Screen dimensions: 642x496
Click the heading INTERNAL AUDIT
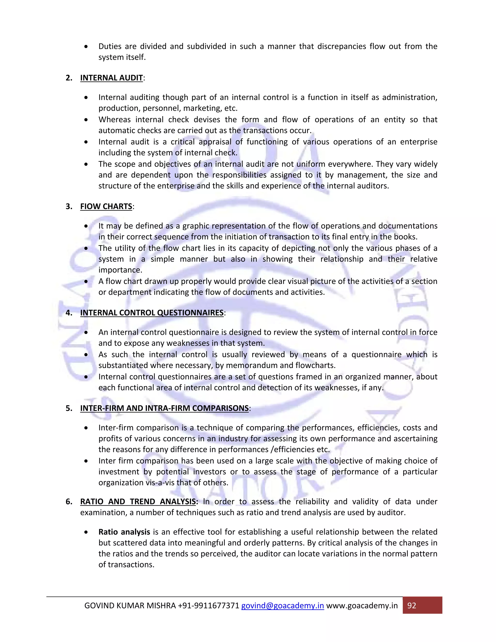tap(111, 78)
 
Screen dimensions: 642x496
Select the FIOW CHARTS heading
tap(106, 206)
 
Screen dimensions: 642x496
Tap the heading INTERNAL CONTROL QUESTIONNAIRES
tap(152, 313)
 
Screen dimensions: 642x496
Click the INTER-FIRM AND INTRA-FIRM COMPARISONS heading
tap(164, 408)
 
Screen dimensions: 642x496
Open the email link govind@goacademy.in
tap(282, 606)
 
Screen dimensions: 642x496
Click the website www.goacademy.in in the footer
tap(362, 606)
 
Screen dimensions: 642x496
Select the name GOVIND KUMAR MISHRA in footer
tap(130, 606)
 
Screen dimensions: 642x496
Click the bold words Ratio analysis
tap(124, 532)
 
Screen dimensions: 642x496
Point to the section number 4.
tap(69, 313)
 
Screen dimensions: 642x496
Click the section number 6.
tap(69, 501)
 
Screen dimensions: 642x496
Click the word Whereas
tap(115, 120)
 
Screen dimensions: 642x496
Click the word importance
tap(120, 270)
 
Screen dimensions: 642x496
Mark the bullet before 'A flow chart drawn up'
tap(86, 281)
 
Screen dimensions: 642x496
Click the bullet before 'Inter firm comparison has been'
tap(86, 461)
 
